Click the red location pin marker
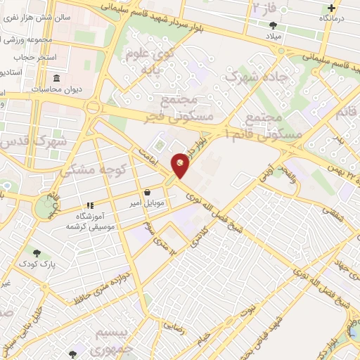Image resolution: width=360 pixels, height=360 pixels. coord(181,165)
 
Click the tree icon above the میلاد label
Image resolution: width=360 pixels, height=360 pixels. coord(272,25)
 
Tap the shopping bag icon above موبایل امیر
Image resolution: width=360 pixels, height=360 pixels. coord(147,192)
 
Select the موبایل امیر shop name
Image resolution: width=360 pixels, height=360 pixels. coord(146,204)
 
